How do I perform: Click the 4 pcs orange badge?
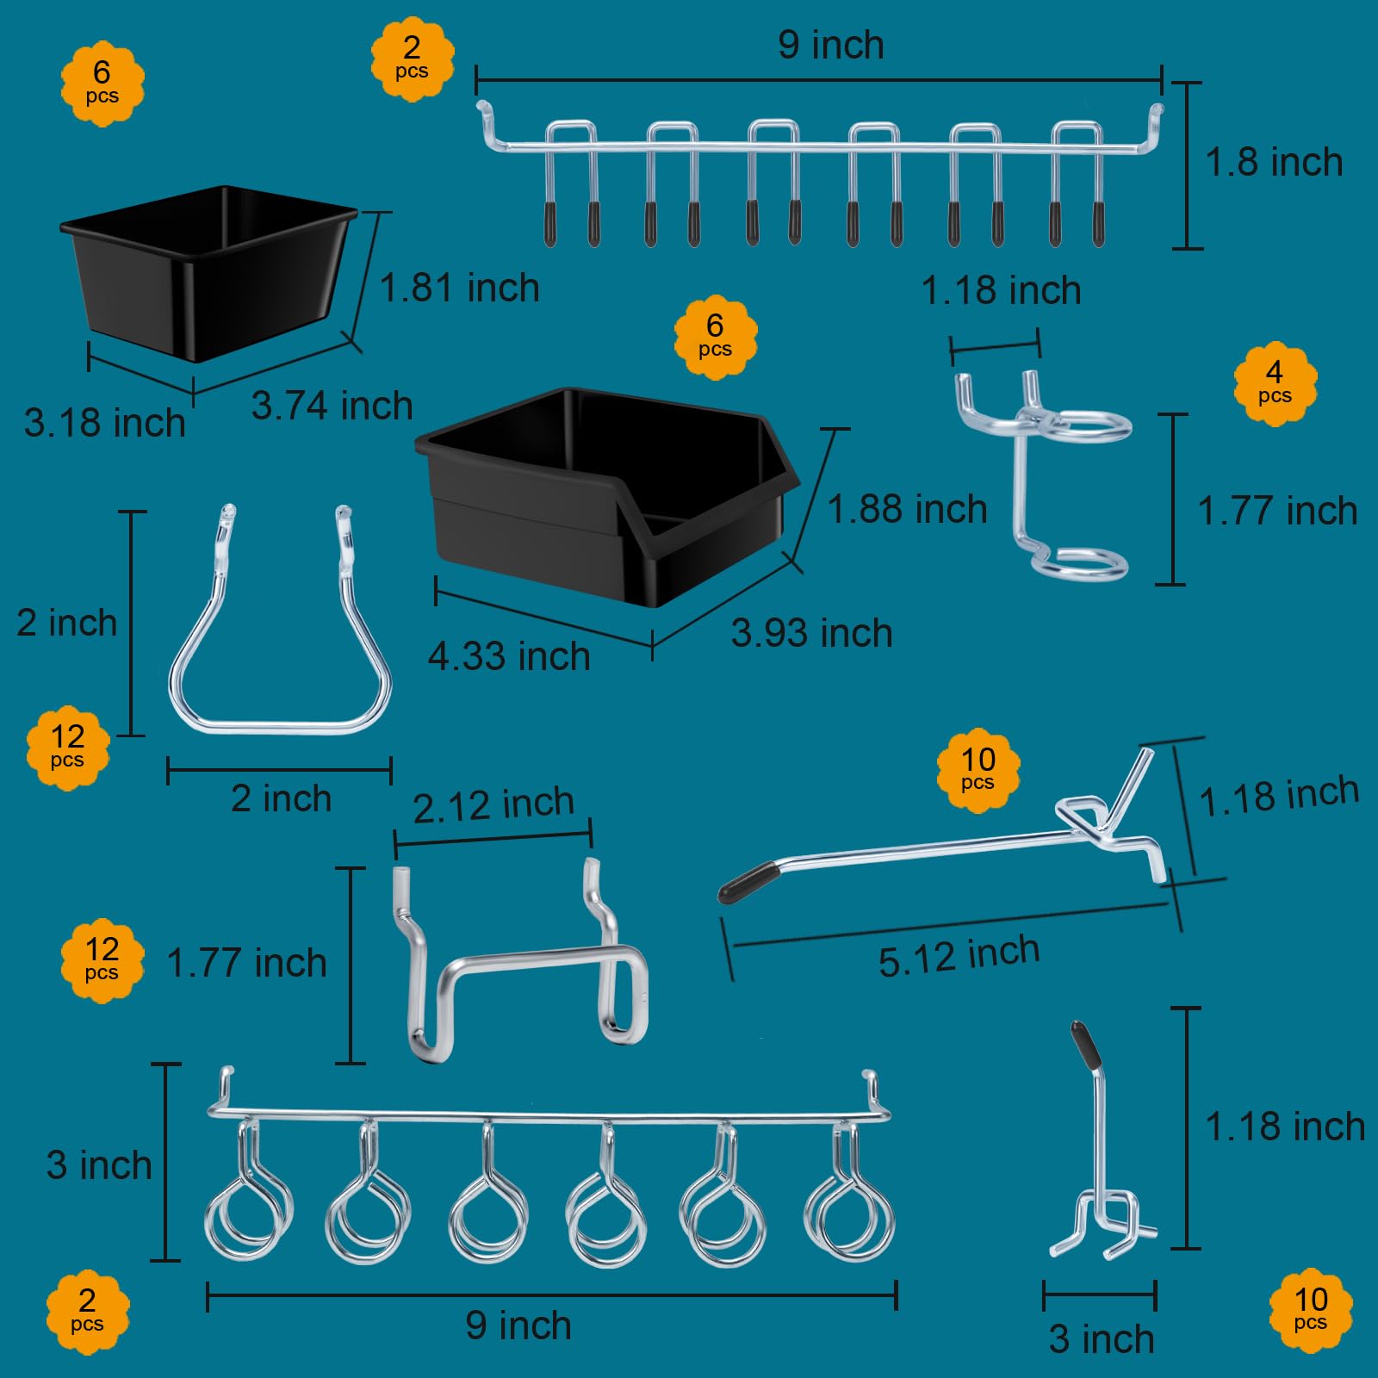pos(1275,383)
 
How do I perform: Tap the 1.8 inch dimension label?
pos(1274,162)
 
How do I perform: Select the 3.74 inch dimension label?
pos(332,406)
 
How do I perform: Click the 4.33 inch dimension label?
pos(509,656)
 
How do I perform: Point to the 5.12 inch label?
pos(959,955)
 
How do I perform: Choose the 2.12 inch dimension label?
pos(493,805)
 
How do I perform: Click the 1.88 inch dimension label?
pos(907,509)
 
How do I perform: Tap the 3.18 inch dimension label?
pos(104,423)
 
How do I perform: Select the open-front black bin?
pos(606,497)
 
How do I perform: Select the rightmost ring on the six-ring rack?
pos(849,1219)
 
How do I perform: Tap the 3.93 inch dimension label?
pos(811,633)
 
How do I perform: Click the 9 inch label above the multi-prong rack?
pos(831,45)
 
